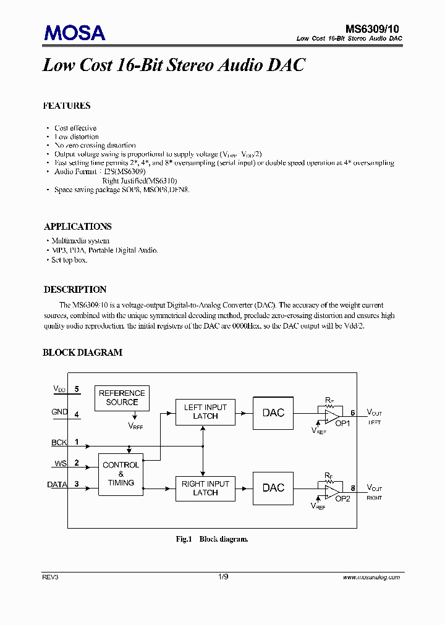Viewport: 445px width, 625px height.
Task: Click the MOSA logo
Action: coord(74,33)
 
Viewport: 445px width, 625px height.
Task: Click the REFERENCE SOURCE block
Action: coord(122,398)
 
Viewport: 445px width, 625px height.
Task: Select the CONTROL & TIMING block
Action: coord(121,474)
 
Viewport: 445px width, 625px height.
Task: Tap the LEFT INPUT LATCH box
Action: coord(205,412)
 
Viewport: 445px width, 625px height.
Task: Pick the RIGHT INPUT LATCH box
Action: coord(205,488)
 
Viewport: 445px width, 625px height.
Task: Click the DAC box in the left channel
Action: coord(273,413)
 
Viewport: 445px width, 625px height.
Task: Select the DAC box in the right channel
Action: coord(273,488)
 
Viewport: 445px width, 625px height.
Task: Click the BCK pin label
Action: coord(59,443)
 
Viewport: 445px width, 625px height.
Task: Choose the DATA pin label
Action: coord(57,485)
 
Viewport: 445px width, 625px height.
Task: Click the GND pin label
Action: coord(60,412)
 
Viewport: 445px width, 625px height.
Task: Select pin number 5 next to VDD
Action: coord(77,389)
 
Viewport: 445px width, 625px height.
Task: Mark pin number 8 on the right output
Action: coord(353,488)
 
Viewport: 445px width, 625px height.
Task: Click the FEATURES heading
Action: coord(67,106)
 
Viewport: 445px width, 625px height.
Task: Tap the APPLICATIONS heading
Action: coord(78,227)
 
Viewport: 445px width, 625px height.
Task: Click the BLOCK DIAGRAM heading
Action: coord(82,353)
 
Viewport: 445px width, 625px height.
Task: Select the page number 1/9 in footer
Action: coord(223,577)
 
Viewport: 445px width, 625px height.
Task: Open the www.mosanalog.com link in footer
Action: coord(371,577)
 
